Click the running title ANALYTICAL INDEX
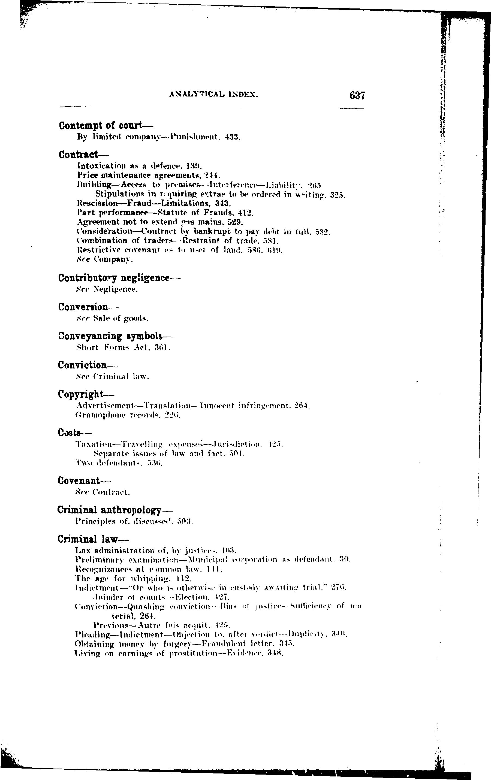[x=213, y=95]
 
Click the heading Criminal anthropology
[x=110, y=510]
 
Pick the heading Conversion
[x=83, y=307]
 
